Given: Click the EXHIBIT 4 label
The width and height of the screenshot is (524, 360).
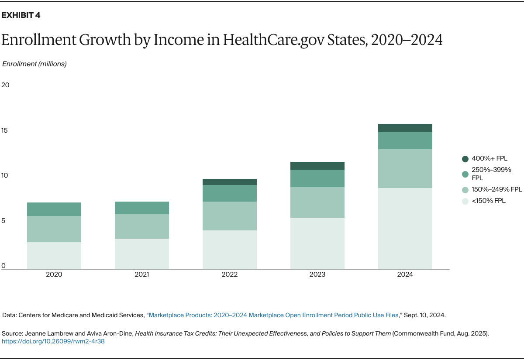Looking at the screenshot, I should click(x=21, y=16).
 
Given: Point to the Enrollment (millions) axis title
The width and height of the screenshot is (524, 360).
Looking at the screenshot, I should click(x=34, y=64).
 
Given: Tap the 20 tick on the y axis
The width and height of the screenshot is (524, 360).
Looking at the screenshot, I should click(x=5, y=85).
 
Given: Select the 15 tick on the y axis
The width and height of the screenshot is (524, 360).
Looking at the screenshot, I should click(x=5, y=130).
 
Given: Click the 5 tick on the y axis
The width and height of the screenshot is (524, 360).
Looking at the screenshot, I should click(x=3, y=221).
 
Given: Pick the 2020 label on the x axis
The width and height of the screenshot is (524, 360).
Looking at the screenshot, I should click(x=54, y=274).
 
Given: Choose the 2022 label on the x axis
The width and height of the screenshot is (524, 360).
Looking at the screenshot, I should click(x=230, y=274).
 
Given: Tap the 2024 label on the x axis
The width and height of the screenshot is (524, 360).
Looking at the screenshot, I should click(x=405, y=274).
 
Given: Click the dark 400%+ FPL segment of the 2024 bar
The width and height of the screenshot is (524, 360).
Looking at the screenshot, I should click(x=405, y=128).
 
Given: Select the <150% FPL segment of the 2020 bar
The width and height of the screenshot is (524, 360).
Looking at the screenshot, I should click(x=54, y=255).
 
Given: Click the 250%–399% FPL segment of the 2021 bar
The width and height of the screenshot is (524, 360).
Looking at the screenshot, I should click(x=142, y=208).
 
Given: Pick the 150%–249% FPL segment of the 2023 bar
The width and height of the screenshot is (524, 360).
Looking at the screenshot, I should click(x=317, y=202).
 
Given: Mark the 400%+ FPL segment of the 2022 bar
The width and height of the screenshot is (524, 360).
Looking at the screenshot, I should click(x=230, y=182).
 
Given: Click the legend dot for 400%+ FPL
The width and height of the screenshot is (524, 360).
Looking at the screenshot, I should click(x=465, y=159).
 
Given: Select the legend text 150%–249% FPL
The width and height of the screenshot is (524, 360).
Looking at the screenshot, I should click(x=496, y=189).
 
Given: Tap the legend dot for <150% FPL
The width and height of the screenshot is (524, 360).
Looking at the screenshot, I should click(x=465, y=201).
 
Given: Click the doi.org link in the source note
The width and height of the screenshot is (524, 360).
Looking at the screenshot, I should click(x=53, y=341).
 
